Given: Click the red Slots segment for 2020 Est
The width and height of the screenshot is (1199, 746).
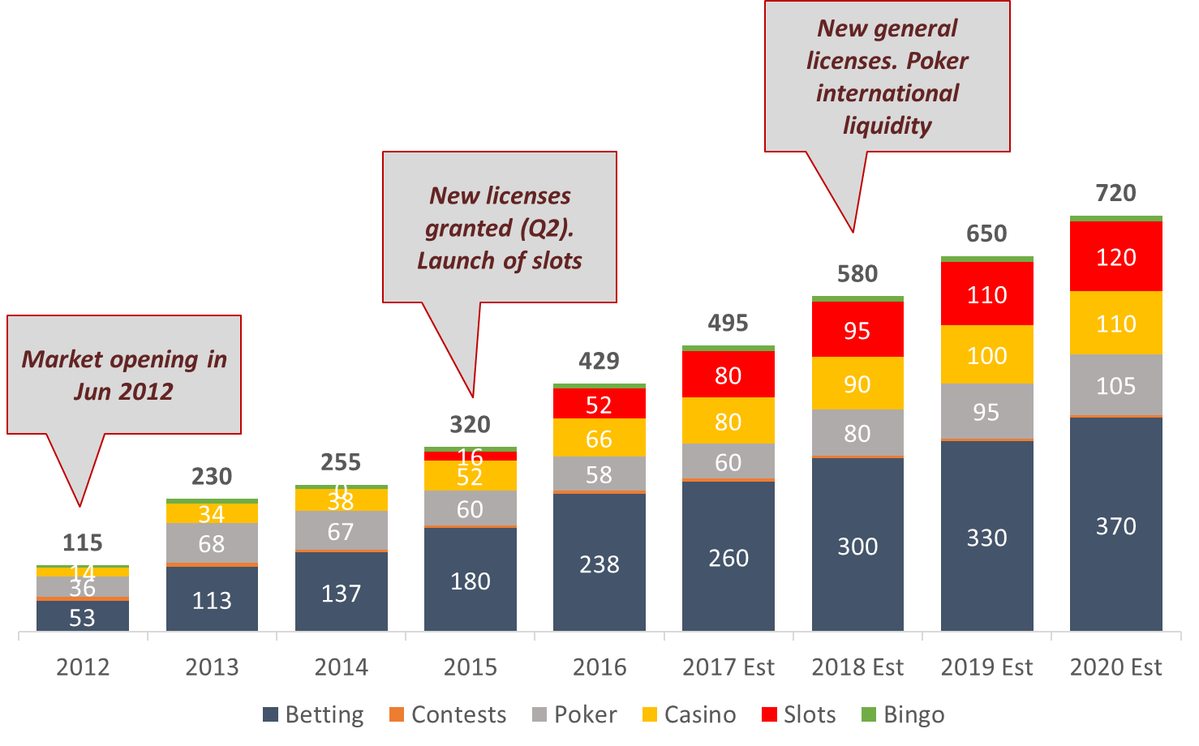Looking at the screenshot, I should [x=1115, y=257].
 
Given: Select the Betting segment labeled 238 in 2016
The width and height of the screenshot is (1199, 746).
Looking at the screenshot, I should [x=599, y=563].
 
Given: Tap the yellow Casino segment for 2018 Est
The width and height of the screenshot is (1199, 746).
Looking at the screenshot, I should [x=857, y=384].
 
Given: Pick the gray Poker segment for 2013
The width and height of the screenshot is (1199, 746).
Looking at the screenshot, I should [x=212, y=543].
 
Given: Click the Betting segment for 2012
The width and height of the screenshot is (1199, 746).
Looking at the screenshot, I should [x=82, y=616].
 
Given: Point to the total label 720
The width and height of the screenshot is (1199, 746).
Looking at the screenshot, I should [x=1115, y=193].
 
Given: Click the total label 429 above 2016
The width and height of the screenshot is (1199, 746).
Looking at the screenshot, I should [x=599, y=361].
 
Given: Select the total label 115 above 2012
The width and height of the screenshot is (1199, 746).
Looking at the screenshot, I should [x=82, y=542].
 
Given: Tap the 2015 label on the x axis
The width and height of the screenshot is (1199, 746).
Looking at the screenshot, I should [x=470, y=667].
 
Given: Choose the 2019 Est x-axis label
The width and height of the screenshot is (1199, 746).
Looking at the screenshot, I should [x=986, y=667].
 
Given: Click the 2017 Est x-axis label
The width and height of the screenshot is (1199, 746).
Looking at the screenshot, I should [x=728, y=667].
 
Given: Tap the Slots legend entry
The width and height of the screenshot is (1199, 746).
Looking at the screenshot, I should [x=799, y=714].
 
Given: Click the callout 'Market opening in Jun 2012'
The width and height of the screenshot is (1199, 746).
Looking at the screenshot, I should [x=124, y=375].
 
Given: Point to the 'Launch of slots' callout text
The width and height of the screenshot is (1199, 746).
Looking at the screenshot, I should [x=500, y=260].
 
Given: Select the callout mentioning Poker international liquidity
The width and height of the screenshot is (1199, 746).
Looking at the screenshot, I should [x=887, y=77].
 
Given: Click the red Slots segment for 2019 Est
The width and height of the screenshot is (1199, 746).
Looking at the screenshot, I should [x=986, y=294].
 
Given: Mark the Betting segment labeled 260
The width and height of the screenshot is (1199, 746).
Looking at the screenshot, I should [x=728, y=557].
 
